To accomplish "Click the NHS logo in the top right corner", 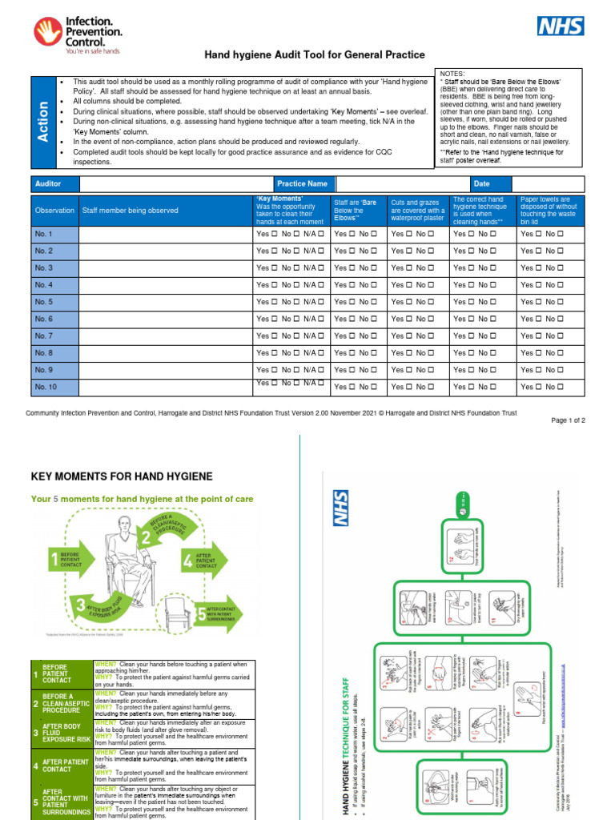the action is point(561,26).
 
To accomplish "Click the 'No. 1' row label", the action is point(43,234).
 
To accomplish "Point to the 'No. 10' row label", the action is point(46,387).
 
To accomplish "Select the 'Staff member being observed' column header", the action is point(131,211).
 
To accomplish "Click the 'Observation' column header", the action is point(54,211).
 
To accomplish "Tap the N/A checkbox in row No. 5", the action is point(321,302).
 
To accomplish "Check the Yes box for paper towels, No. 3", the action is point(537,268).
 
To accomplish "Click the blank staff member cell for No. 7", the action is point(164,336).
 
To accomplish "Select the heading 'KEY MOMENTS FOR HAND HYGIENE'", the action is point(122,476).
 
